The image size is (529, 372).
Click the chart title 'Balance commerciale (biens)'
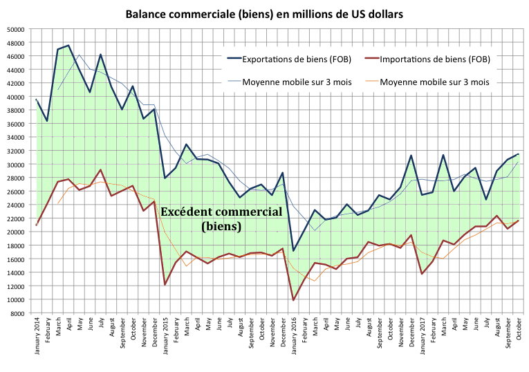point(264,13)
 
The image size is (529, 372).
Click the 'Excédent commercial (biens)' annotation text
point(221,218)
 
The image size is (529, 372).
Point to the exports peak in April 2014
point(68,46)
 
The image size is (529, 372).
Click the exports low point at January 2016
point(293,250)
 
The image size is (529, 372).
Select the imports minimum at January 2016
point(293,300)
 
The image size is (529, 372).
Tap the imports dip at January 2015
point(165,284)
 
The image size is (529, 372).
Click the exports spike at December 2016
point(411,156)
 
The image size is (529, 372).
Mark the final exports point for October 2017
point(518,154)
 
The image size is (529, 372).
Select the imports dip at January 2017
point(422,274)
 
